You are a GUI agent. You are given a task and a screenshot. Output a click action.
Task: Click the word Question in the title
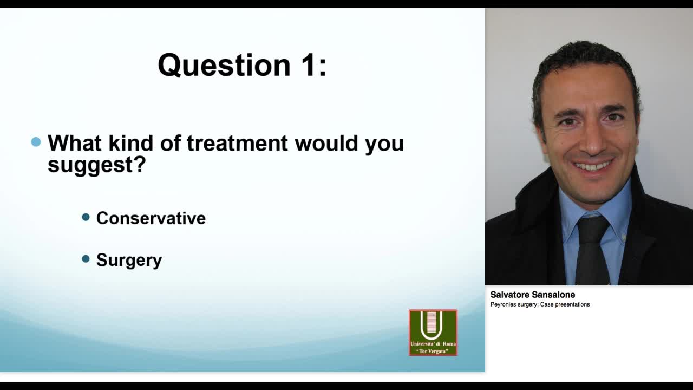(224, 66)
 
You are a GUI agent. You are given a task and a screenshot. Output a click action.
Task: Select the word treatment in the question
(238, 144)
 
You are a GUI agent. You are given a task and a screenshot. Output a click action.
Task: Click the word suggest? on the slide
(96, 165)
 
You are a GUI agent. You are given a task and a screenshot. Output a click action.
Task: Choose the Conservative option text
(151, 218)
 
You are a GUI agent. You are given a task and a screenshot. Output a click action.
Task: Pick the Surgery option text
(129, 260)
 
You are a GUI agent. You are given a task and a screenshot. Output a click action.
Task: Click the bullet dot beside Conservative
(86, 217)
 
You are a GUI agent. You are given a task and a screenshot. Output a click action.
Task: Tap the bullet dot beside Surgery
(86, 259)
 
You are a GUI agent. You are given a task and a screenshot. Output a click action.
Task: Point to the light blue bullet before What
(36, 142)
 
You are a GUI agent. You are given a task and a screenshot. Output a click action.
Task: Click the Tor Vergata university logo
(433, 332)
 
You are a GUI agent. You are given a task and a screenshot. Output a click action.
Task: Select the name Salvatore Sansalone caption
(532, 295)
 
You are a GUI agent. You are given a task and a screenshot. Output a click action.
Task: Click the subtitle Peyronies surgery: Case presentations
(540, 304)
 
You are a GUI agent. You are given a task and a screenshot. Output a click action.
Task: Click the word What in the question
(75, 144)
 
